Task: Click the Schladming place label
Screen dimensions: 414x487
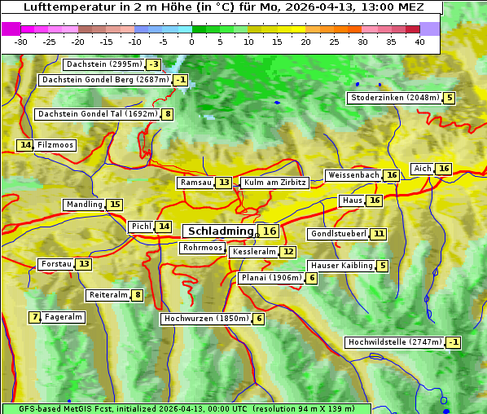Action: pos(220,231)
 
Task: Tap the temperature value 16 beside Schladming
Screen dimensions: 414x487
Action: pos(270,231)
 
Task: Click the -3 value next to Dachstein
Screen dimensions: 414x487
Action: pos(154,64)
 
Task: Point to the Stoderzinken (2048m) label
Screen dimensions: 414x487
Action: pos(394,98)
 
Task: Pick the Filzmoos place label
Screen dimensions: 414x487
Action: pos(55,145)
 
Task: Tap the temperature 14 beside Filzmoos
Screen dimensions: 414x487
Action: pos(25,145)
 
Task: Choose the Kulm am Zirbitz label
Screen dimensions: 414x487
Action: pos(274,183)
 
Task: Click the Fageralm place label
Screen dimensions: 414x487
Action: pos(64,317)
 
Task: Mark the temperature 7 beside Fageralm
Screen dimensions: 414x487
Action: pos(35,317)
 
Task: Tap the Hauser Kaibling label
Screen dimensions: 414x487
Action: pos(341,266)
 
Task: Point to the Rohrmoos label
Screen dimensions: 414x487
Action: pos(203,248)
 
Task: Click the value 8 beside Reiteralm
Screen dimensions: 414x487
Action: pos(138,295)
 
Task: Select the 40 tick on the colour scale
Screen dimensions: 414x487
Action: pos(419,42)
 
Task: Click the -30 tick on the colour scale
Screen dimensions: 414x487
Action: pos(21,42)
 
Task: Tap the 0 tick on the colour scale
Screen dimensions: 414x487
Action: pos(191,42)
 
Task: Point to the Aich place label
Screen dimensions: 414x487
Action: pos(423,169)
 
